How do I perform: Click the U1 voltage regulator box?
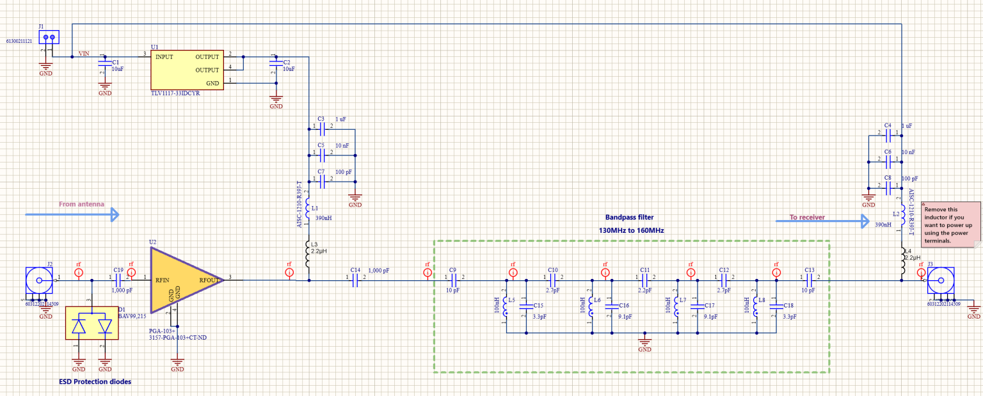(x=187, y=70)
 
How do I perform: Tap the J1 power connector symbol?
(x=48, y=38)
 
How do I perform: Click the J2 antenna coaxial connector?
(x=38, y=280)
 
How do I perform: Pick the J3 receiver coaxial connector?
(x=941, y=280)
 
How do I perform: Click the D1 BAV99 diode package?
(x=92, y=326)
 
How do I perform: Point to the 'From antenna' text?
(x=81, y=204)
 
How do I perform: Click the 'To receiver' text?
(x=807, y=218)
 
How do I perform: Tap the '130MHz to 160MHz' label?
(x=631, y=230)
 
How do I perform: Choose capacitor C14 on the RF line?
(x=355, y=278)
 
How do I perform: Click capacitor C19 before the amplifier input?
(x=118, y=278)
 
